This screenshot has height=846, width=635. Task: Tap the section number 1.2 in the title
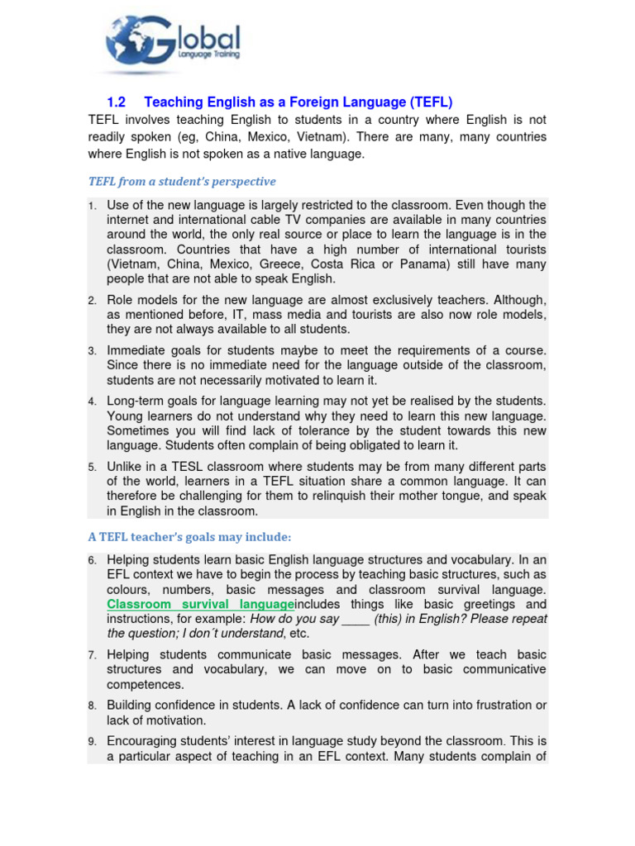pos(117,102)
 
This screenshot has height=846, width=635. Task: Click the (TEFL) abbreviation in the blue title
pos(431,102)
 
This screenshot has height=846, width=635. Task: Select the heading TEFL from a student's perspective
pos(182,181)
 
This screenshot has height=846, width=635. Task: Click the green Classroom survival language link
pos(200,605)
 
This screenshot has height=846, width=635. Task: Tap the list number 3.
pos(93,351)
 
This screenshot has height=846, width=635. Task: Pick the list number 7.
pos(93,655)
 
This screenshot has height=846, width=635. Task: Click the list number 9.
pos(93,741)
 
